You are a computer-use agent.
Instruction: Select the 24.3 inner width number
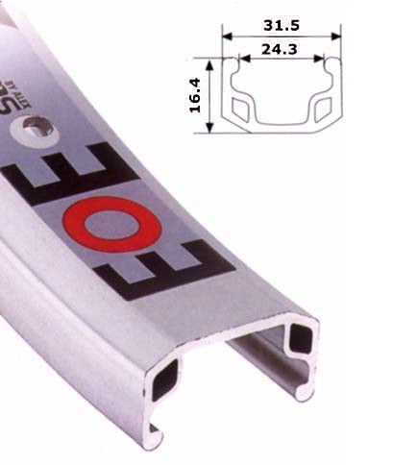pos(282,46)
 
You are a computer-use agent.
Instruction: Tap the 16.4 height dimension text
pos(196,94)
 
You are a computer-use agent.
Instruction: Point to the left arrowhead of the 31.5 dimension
pos(226,37)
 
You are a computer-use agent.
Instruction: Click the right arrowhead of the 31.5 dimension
pos(338,37)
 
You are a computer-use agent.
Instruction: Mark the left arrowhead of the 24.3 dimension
pos(239,59)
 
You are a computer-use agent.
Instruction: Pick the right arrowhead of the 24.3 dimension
pos(324,59)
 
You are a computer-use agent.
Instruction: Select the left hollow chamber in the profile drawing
pos(242,107)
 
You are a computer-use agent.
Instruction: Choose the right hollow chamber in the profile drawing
pos(322,107)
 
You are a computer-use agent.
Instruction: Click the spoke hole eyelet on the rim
pos(37,124)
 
